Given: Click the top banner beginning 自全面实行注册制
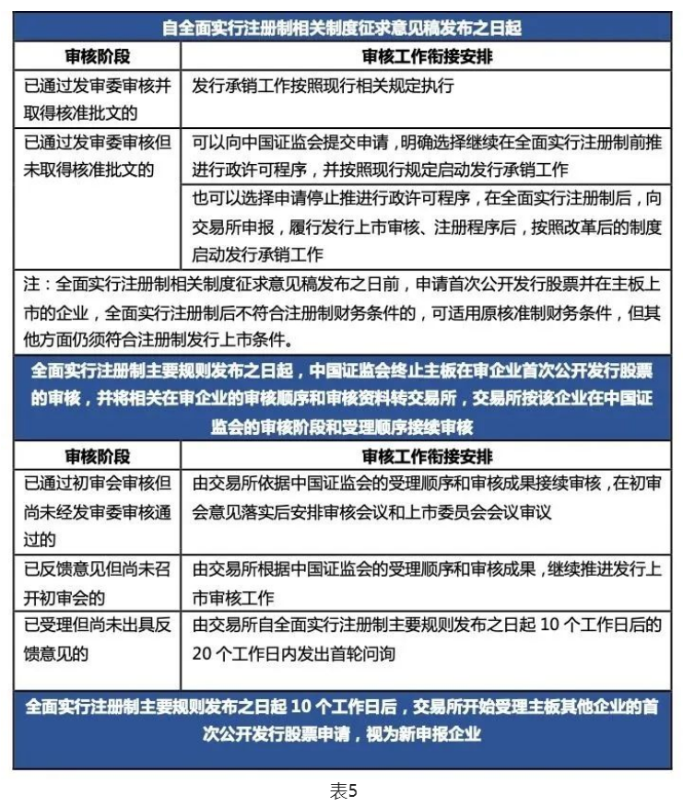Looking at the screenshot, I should [341, 28].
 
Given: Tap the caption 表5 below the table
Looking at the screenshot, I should [342, 789].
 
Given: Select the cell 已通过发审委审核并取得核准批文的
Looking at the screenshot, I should [96, 99].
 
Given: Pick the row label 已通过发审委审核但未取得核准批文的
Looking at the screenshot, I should [96, 156].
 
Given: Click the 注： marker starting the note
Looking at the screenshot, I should [38, 286].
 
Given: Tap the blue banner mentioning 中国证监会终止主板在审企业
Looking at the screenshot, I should [341, 399].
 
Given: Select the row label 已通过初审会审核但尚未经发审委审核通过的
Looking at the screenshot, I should [96, 511].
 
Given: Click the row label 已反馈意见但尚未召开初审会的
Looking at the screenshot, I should [96, 582].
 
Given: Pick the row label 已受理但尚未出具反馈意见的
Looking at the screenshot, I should [96, 639].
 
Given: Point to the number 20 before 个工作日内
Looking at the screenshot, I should [204, 653].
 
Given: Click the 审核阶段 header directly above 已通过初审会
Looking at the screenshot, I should [96, 456].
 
